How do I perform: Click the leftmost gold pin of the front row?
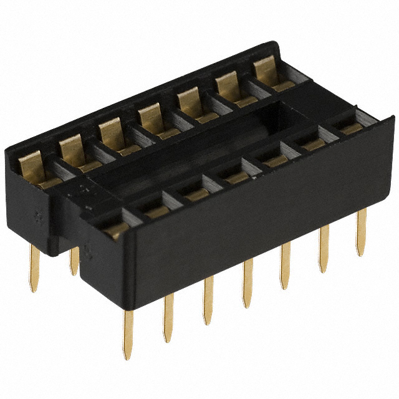click(128, 334)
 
